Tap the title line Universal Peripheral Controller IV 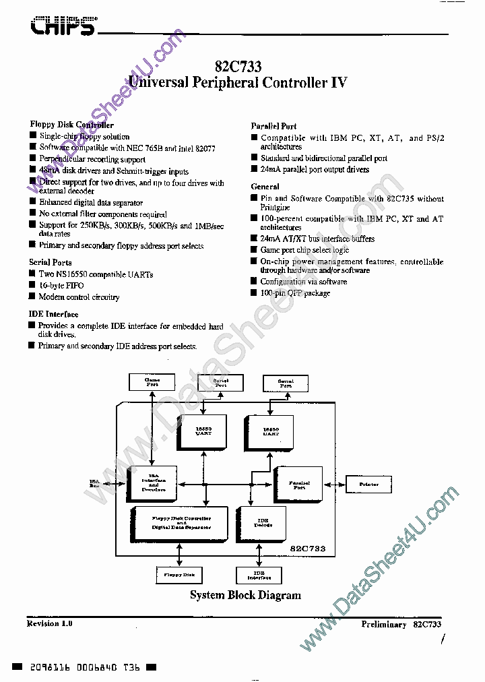[237, 83]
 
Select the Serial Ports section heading [51, 262]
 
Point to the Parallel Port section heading [273, 126]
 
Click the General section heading [265, 187]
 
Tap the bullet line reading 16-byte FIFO [63, 285]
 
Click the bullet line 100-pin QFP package [295, 293]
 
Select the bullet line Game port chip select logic [304, 250]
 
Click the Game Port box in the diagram [152, 382]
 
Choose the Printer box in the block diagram [368, 484]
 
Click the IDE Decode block [262, 522]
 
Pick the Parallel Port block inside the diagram [299, 485]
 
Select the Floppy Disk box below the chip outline [179, 575]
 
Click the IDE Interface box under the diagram [259, 575]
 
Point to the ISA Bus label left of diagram [94, 483]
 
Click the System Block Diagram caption [245, 595]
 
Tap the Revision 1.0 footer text [49, 624]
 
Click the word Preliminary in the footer [383, 625]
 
